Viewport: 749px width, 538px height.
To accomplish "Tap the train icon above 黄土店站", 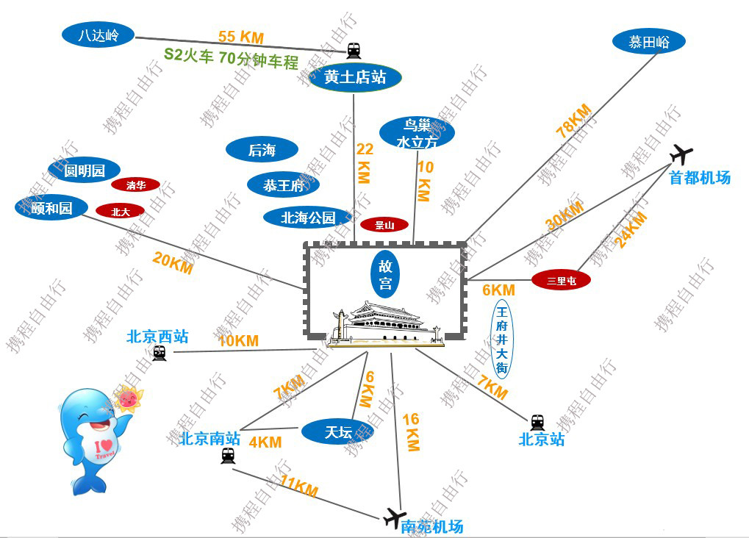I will pos(354,50).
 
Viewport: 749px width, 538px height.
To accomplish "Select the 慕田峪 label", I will pos(649,42).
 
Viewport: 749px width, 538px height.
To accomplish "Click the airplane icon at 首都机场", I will pos(681,154).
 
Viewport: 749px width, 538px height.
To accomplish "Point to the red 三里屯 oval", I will pos(561,280).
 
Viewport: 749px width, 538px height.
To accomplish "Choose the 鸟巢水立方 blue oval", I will pos(417,133).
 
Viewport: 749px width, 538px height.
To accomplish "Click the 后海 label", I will pos(262,150).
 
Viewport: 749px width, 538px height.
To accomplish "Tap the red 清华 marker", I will pos(136,185).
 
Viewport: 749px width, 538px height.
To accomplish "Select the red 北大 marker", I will pos(120,211).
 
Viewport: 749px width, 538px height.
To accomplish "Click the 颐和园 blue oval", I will pos(51,208).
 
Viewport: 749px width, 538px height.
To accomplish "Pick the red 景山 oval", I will pos(384,224).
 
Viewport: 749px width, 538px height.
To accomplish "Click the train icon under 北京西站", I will pos(160,354).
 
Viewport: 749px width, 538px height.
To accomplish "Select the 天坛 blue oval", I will pos(338,432).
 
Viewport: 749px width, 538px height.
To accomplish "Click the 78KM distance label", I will pos(574,121).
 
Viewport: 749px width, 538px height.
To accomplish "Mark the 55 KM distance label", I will pos(240,37).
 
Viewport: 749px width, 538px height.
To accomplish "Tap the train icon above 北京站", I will pos(537,422).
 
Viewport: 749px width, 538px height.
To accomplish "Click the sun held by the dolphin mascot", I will pos(129,398).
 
